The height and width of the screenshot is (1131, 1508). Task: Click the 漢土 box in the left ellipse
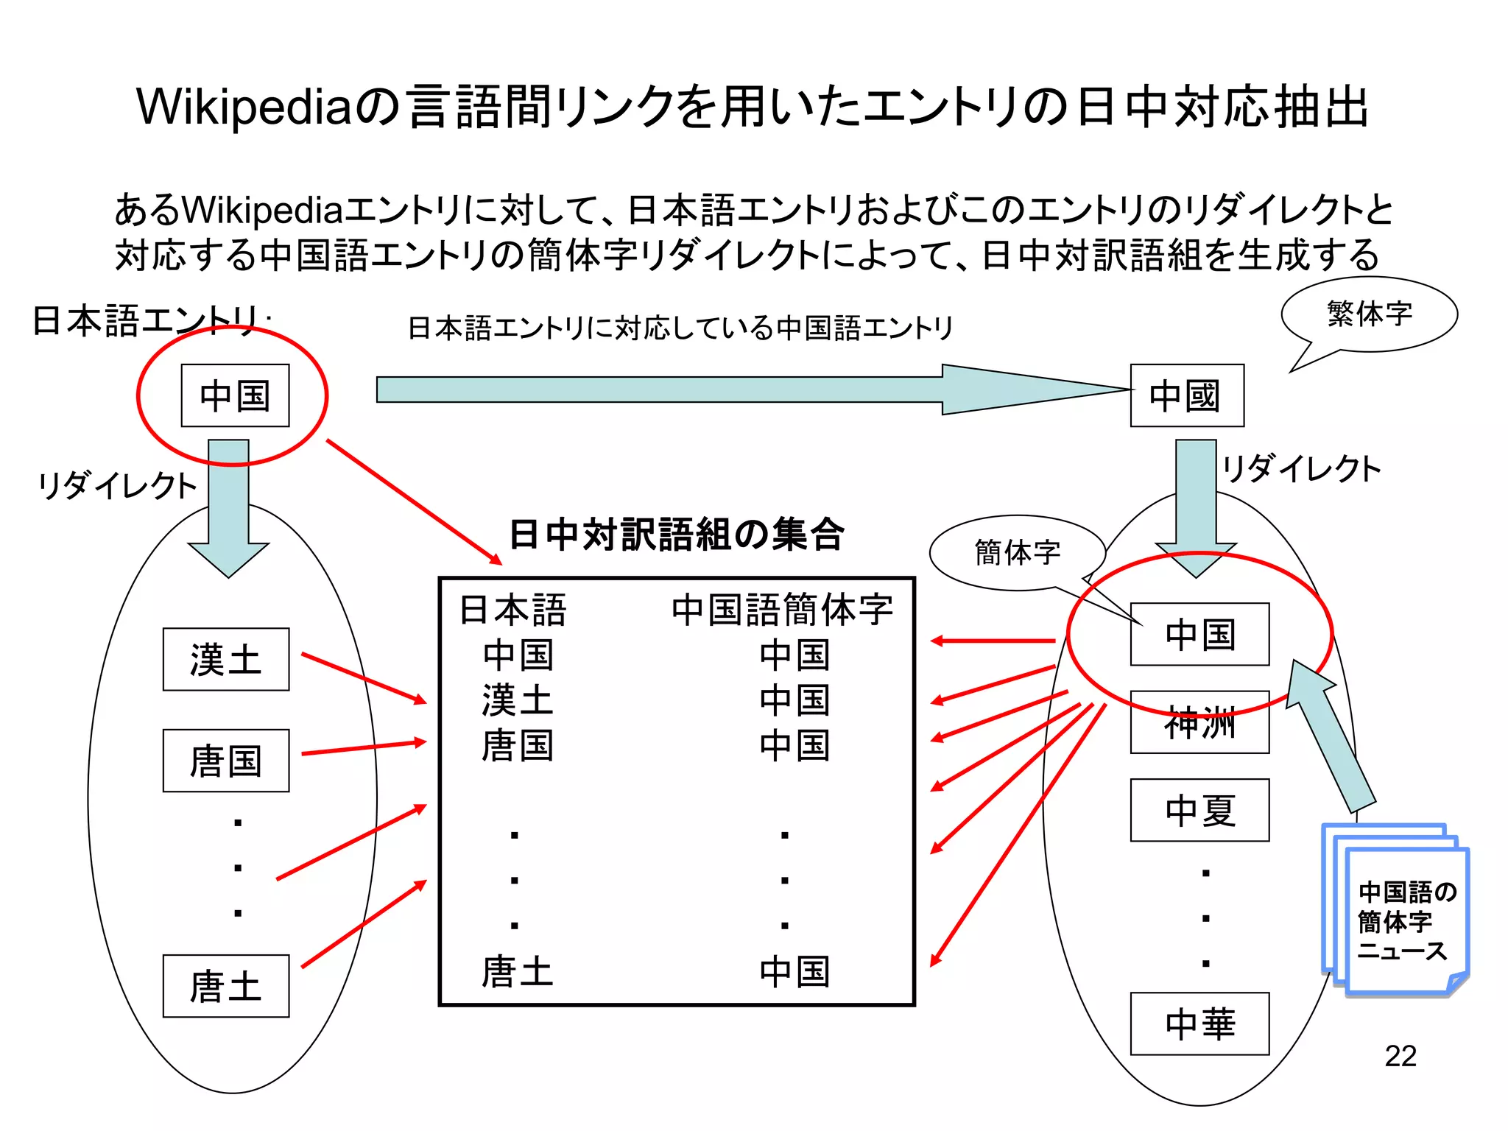tap(225, 659)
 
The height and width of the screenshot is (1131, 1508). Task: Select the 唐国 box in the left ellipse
tap(225, 761)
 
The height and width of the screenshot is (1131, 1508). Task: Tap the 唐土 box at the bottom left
tap(225, 986)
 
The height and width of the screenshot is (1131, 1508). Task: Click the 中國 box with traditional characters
tap(1186, 395)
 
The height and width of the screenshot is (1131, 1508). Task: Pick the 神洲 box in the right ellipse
tap(1199, 722)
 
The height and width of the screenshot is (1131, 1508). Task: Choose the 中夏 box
tap(1199, 810)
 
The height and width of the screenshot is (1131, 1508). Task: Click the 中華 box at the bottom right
tap(1199, 1023)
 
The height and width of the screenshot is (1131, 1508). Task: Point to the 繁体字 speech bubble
tap(1370, 314)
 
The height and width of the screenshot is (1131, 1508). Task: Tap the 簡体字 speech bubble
tap(1018, 552)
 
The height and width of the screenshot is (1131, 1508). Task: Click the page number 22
tap(1400, 1056)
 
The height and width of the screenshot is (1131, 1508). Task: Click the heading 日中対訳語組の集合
tap(676, 534)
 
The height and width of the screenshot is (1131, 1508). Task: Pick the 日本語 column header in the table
tap(513, 610)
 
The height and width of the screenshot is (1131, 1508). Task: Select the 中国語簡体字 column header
tap(782, 610)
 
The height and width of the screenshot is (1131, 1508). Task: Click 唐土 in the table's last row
tap(517, 971)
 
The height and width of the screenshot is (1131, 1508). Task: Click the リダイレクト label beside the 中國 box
tap(1301, 469)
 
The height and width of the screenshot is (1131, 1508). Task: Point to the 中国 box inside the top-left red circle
tap(235, 395)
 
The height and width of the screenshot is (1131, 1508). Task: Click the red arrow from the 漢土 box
tap(364, 678)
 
